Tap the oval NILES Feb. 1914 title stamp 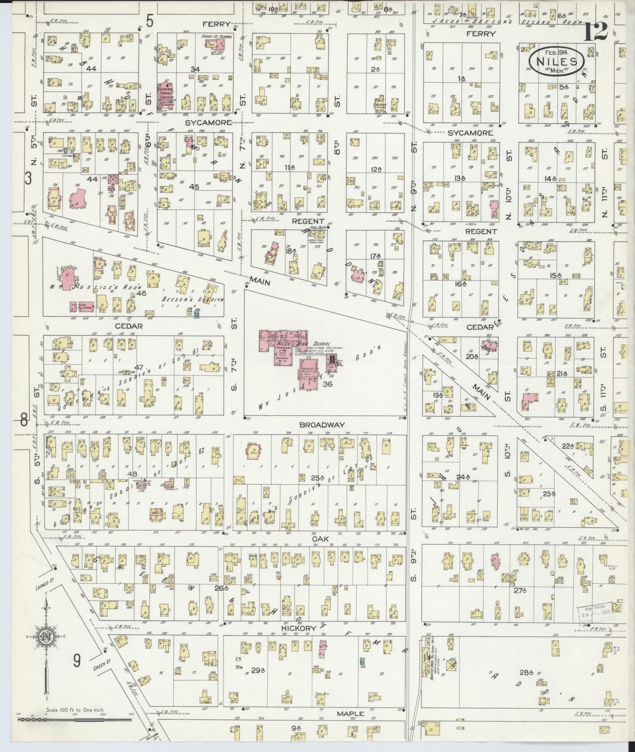(556, 60)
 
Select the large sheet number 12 (596, 32)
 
